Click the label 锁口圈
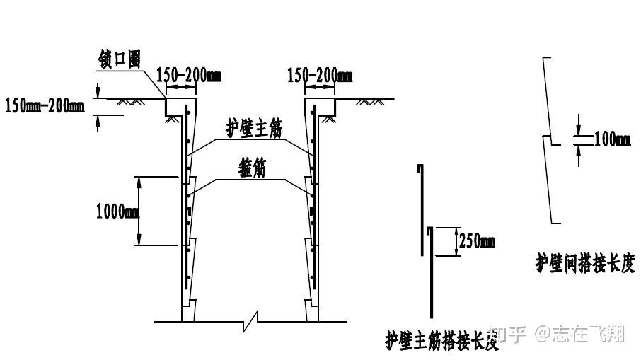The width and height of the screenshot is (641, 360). (120, 60)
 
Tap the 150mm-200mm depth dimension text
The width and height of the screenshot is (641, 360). (45, 106)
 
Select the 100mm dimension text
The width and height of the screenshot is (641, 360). (612, 139)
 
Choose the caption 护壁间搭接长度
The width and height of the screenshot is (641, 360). (585, 264)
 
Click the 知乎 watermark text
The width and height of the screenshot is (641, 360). (508, 333)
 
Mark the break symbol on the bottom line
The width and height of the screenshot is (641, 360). (251, 323)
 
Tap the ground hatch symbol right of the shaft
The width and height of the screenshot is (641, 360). (371, 103)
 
